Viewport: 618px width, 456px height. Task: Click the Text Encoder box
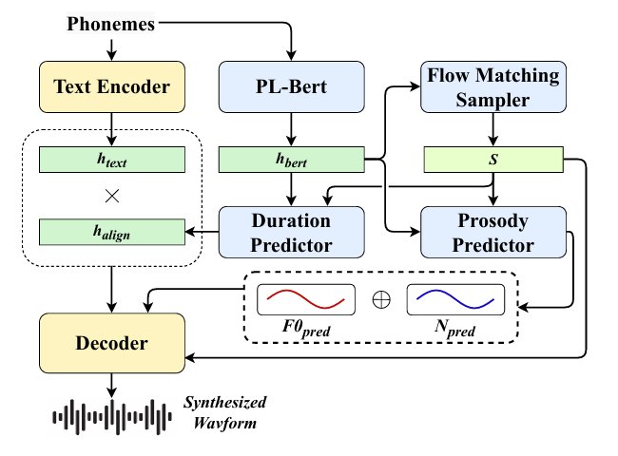pyautogui.click(x=112, y=87)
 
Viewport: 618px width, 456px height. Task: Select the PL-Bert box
pyautogui.click(x=292, y=87)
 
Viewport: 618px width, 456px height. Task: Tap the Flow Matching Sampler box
pyautogui.click(x=492, y=87)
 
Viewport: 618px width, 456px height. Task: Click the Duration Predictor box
pyautogui.click(x=292, y=233)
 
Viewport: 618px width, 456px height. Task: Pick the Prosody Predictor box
pyautogui.click(x=492, y=233)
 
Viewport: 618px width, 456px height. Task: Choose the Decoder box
pyautogui.click(x=112, y=341)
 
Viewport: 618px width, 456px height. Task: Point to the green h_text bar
pyautogui.click(x=112, y=161)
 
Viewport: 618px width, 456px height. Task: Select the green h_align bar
pyautogui.click(x=112, y=233)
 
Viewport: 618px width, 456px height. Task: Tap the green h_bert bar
pyautogui.click(x=292, y=161)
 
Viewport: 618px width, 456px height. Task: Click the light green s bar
pyautogui.click(x=492, y=161)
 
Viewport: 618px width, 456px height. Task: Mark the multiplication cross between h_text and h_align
pyautogui.click(x=112, y=197)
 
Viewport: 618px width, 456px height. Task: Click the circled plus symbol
pyautogui.click(x=380, y=300)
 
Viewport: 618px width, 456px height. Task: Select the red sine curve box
pyautogui.click(x=306, y=300)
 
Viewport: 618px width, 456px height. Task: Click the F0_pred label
pyautogui.click(x=306, y=329)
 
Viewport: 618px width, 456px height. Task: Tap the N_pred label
pyautogui.click(x=454, y=329)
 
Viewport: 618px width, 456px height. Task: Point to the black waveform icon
pyautogui.click(x=112, y=414)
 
